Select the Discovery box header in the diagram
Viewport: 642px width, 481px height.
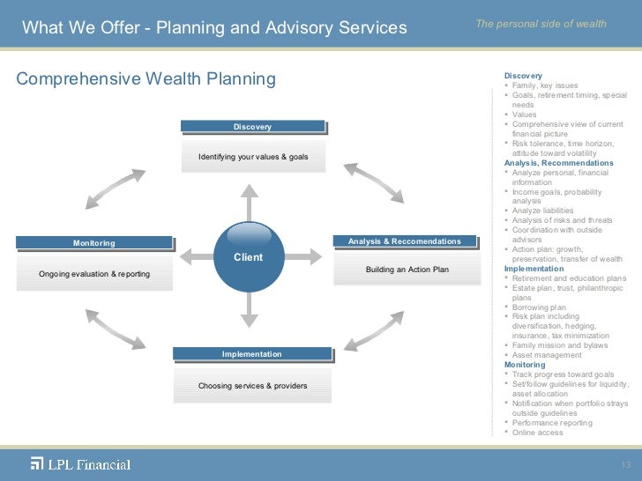click(252, 127)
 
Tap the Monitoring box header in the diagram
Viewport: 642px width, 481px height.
click(93, 242)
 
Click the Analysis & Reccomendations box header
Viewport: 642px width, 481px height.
click(404, 240)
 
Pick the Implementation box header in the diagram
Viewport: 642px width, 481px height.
click(252, 354)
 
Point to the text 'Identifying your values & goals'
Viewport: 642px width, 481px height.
click(252, 157)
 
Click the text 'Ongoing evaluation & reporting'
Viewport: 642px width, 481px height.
click(94, 274)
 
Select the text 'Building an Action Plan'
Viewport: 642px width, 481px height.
click(407, 269)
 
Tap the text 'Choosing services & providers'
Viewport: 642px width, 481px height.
click(252, 386)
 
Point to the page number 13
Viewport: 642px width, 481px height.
click(626, 465)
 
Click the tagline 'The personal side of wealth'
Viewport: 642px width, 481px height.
click(541, 24)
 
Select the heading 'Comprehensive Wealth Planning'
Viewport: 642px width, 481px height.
click(146, 79)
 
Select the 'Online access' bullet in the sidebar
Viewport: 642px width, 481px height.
click(538, 433)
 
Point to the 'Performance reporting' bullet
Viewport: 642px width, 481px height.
click(552, 423)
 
